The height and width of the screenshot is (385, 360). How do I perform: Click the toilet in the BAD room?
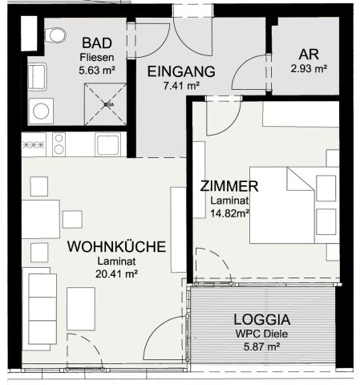pos(55,35)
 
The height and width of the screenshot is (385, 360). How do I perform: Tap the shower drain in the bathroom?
pos(106,104)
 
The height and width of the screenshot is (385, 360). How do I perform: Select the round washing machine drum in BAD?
pos(41,111)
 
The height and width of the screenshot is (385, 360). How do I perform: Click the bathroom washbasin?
pos(37,77)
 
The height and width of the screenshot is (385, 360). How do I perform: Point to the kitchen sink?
pos(108,145)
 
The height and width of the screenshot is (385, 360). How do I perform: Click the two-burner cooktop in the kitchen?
pos(59,144)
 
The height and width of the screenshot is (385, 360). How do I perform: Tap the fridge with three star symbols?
pos(34,145)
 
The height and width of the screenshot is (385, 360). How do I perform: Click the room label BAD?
pos(97,43)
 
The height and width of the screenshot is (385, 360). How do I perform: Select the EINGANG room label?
pos(181,71)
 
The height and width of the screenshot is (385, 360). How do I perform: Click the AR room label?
pos(309,55)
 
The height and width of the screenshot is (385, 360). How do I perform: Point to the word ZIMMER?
pos(229,186)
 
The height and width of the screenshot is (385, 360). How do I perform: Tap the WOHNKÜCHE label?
pos(116,246)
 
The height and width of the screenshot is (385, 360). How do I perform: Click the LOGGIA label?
pos(262,319)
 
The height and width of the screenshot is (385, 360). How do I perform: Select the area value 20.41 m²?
pos(116,274)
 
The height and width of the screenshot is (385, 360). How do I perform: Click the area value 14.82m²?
pos(230,213)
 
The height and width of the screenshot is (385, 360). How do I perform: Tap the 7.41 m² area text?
pos(181,86)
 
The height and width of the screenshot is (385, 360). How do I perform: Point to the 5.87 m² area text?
pos(262,346)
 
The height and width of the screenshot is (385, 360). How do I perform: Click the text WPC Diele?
pos(261,334)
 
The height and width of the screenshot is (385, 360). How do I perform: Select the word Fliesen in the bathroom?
pos(97,57)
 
